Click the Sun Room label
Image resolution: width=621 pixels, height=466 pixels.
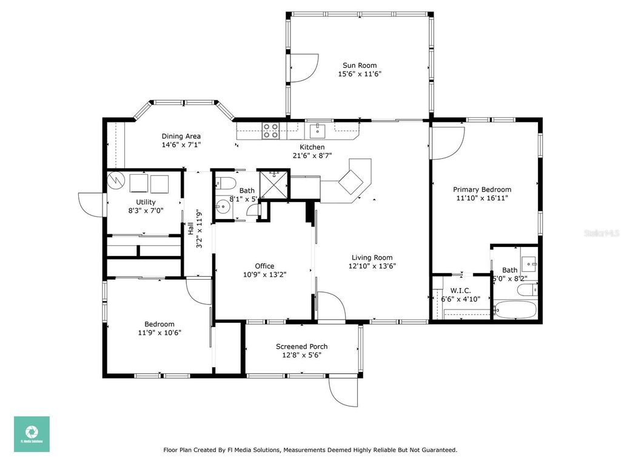pos(360,66)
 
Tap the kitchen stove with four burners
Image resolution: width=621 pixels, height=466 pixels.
pos(270,130)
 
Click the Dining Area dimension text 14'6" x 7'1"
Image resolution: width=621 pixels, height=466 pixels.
pos(181,145)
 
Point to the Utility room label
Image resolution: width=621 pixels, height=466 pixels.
pos(146,202)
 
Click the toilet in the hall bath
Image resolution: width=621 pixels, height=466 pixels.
pos(223,183)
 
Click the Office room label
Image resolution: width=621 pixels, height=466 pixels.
pos(264,266)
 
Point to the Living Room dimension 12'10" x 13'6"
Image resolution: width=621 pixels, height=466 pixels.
pos(372,266)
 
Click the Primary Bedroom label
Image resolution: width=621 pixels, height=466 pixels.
pos(483,189)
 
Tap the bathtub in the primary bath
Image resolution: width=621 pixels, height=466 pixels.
pos(515,311)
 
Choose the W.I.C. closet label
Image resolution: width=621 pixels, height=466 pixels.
pos(461,291)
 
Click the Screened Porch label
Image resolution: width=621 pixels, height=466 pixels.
pos(301,346)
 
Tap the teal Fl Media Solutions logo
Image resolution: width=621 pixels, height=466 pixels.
pos(32,434)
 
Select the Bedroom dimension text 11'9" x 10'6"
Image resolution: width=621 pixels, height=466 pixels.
pos(159,332)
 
